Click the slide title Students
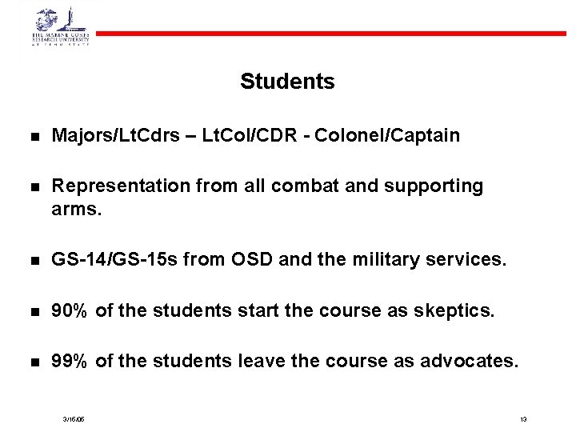point(287,82)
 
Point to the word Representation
point(119,186)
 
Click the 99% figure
point(70,361)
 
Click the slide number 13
point(523,419)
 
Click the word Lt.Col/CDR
point(249,135)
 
